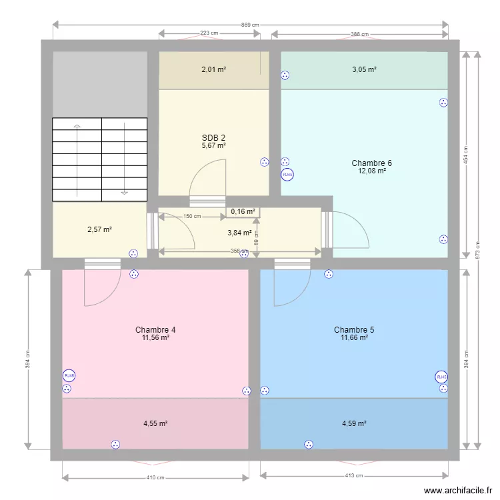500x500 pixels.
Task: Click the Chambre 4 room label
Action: [x=155, y=329]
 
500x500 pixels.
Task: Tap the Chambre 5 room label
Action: [x=354, y=329]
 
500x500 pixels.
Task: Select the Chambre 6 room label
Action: [x=371, y=163]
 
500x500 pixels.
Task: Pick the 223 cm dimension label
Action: [x=209, y=34]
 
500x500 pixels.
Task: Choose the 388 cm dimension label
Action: [x=360, y=35]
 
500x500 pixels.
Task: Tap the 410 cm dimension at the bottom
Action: [x=156, y=477]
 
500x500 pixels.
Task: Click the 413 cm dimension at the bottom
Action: [x=355, y=475]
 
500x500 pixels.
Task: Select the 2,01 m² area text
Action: [x=214, y=69]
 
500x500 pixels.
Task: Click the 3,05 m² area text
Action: [x=364, y=69]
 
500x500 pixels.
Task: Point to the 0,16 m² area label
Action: [x=243, y=212]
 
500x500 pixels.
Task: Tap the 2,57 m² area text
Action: [x=99, y=230]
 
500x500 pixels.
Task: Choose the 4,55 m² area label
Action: [x=155, y=423]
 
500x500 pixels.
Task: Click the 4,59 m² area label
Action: [x=355, y=423]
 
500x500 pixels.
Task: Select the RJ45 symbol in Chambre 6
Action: [x=287, y=175]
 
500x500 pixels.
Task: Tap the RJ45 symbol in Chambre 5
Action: [x=440, y=377]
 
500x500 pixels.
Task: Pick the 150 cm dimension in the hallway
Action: [x=192, y=216]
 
